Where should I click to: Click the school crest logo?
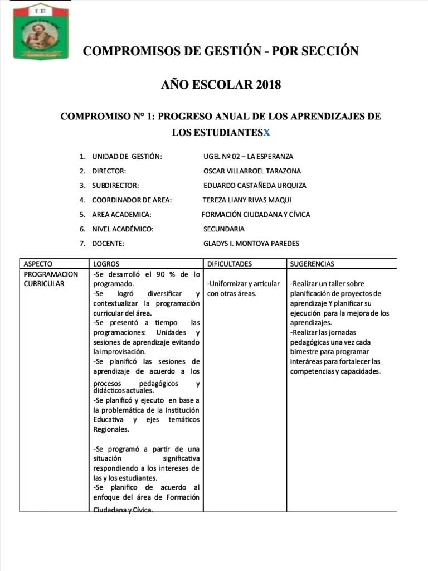(41, 32)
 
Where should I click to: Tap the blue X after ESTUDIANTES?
(266, 132)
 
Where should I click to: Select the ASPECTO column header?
(38, 264)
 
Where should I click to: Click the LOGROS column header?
(106, 264)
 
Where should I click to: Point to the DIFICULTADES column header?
(229, 264)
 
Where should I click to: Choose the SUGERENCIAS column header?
(312, 264)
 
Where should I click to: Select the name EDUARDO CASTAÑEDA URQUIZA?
(255, 186)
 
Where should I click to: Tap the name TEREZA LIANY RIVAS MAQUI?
(247, 200)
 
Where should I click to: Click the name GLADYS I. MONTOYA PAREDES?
(251, 244)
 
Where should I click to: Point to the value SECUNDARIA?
(224, 229)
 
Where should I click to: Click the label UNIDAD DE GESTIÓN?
(127, 157)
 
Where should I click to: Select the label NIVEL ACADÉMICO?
(122, 229)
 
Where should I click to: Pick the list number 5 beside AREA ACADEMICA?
(82, 215)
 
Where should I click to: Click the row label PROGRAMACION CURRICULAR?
(51, 279)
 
